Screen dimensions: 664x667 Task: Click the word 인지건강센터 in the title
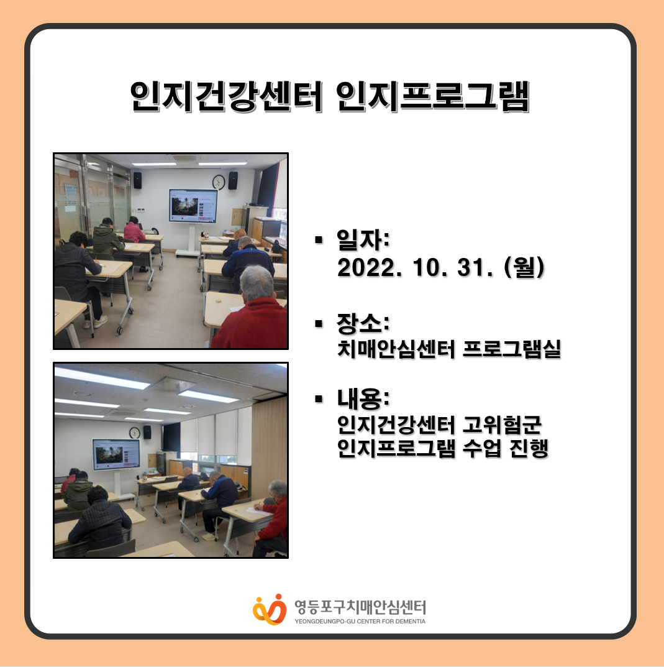click(x=226, y=96)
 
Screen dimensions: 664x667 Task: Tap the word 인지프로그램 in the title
click(x=433, y=96)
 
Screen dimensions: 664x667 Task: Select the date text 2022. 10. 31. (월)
click(x=441, y=267)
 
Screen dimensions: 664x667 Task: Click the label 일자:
click(x=363, y=239)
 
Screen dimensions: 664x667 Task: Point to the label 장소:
click(x=363, y=323)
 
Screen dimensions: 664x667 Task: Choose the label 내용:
click(x=363, y=398)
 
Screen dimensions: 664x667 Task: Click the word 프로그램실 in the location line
click(x=511, y=349)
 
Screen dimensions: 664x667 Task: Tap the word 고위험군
click(x=502, y=425)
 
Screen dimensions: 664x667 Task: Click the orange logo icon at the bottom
click(x=270, y=610)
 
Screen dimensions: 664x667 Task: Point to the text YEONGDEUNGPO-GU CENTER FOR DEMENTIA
click(x=360, y=621)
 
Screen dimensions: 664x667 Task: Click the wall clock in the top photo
click(x=219, y=182)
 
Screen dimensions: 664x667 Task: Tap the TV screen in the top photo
click(x=193, y=206)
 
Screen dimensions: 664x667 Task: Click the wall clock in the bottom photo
click(x=134, y=433)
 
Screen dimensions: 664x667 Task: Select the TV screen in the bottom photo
click(x=116, y=455)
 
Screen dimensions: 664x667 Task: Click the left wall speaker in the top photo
click(x=138, y=180)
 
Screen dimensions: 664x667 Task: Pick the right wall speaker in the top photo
click(x=233, y=180)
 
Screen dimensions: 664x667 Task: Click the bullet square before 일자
click(x=319, y=240)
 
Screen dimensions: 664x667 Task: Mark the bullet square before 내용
click(x=319, y=398)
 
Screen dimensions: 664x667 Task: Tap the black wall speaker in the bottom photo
click(x=147, y=432)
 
